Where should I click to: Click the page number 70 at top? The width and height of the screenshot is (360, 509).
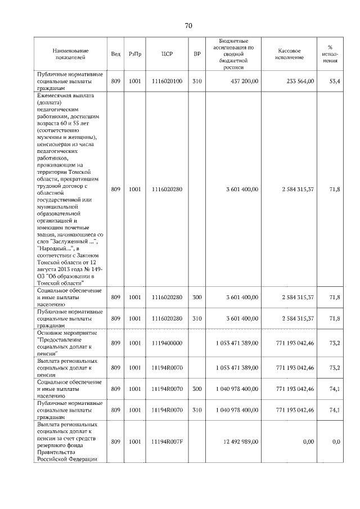pyautogui.click(x=188, y=26)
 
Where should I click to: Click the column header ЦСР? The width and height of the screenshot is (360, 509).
pyautogui.click(x=166, y=54)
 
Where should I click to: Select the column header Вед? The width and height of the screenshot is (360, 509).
pyautogui.click(x=115, y=54)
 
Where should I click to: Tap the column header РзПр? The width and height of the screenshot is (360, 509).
pyautogui.click(x=135, y=54)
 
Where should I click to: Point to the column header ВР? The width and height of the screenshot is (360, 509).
pyautogui.click(x=197, y=54)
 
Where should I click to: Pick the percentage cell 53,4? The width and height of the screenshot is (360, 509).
pyautogui.click(x=335, y=82)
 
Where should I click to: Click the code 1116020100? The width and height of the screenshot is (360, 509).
pyautogui.click(x=167, y=82)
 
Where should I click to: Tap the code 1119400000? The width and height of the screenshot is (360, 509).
pyautogui.click(x=167, y=343)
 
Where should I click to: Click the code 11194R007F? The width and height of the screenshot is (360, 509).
pyautogui.click(x=167, y=442)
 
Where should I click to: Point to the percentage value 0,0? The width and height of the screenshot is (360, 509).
pyautogui.click(x=336, y=442)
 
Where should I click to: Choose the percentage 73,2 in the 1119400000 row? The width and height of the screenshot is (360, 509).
pyautogui.click(x=335, y=343)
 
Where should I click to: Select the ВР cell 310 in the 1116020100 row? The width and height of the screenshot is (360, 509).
pyautogui.click(x=197, y=82)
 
